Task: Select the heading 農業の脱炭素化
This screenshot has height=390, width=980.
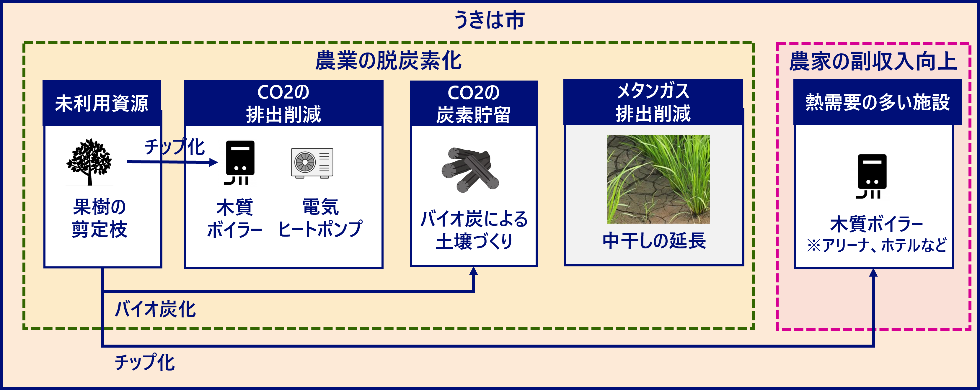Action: pyautogui.click(x=388, y=61)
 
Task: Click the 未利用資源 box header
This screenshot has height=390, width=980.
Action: pyautogui.click(x=102, y=103)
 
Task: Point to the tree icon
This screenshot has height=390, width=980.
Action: pyautogui.click(x=89, y=162)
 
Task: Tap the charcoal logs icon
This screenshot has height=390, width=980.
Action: pyautogui.click(x=470, y=170)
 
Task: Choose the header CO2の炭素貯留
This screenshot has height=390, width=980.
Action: pyautogui.click(x=474, y=103)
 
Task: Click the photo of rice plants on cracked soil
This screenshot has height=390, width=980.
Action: pyautogui.click(x=658, y=179)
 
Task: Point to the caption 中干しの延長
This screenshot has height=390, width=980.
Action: pyautogui.click(x=654, y=241)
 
